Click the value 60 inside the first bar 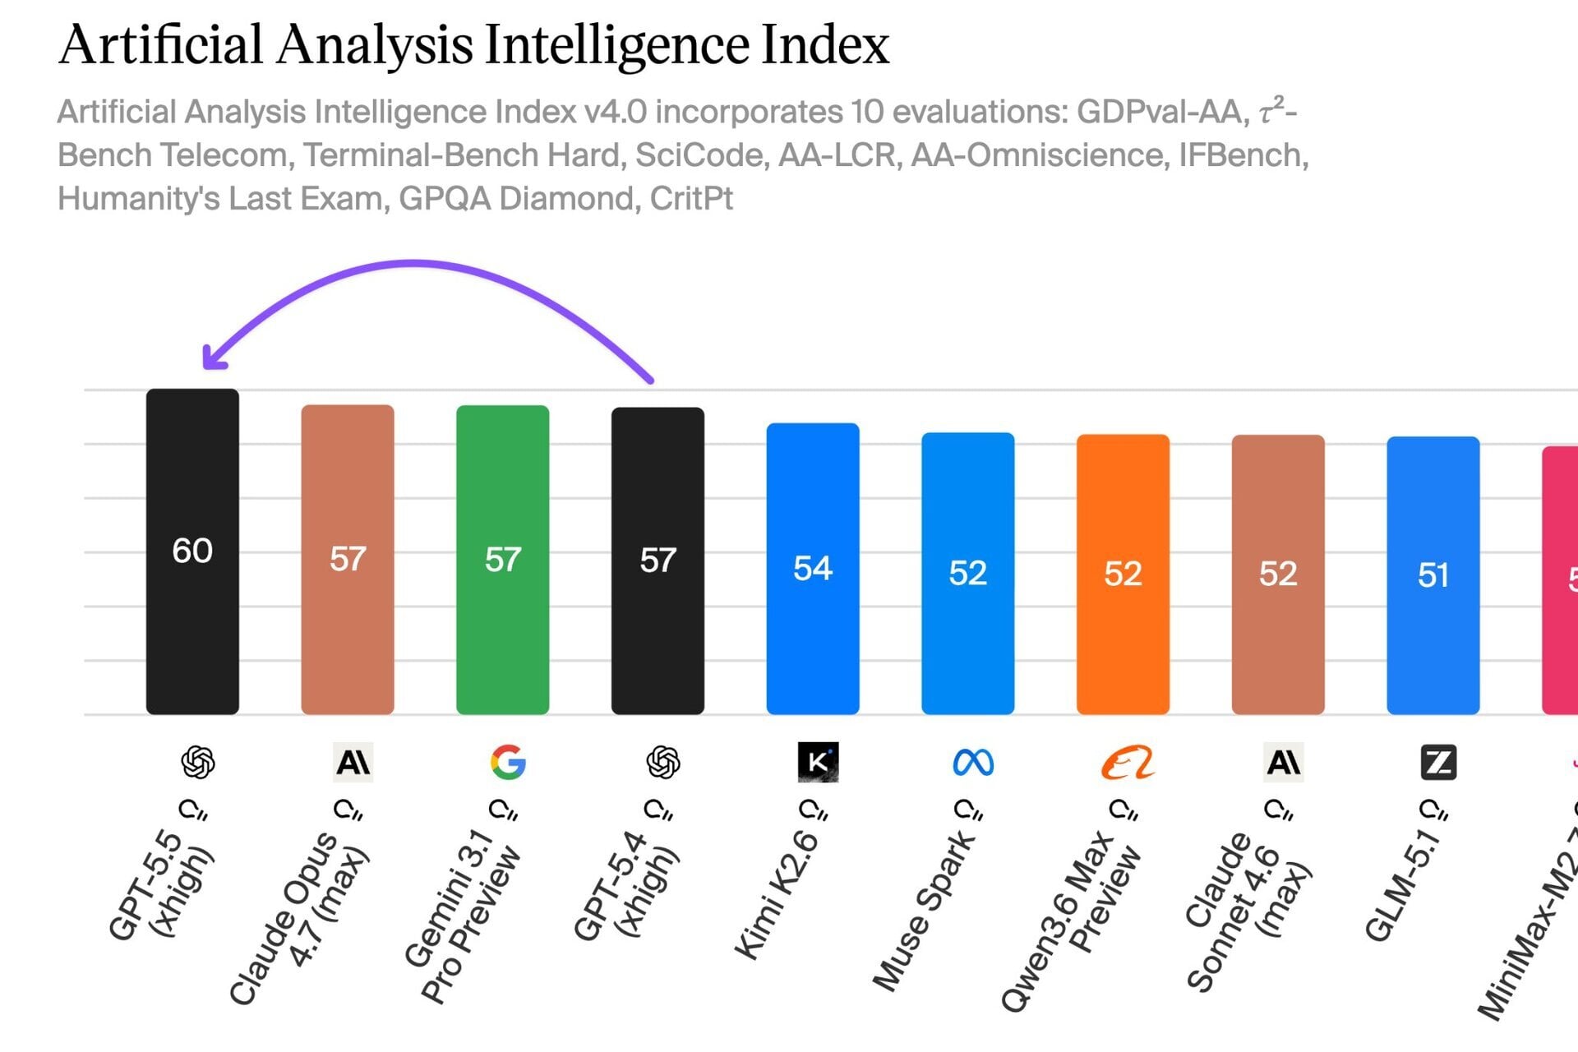coord(192,551)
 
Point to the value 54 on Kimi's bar coord(812,568)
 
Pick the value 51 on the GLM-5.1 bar coord(1433,574)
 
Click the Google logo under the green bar coord(507,762)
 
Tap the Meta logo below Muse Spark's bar coord(973,763)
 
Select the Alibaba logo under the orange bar coord(1127,763)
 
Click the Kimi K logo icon coord(818,762)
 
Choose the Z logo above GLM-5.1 coord(1438,762)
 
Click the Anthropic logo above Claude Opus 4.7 coord(353,762)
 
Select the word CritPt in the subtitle coord(690,199)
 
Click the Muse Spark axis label coord(923,912)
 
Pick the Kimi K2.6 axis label coord(776,896)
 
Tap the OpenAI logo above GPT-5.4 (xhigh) coord(662,762)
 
